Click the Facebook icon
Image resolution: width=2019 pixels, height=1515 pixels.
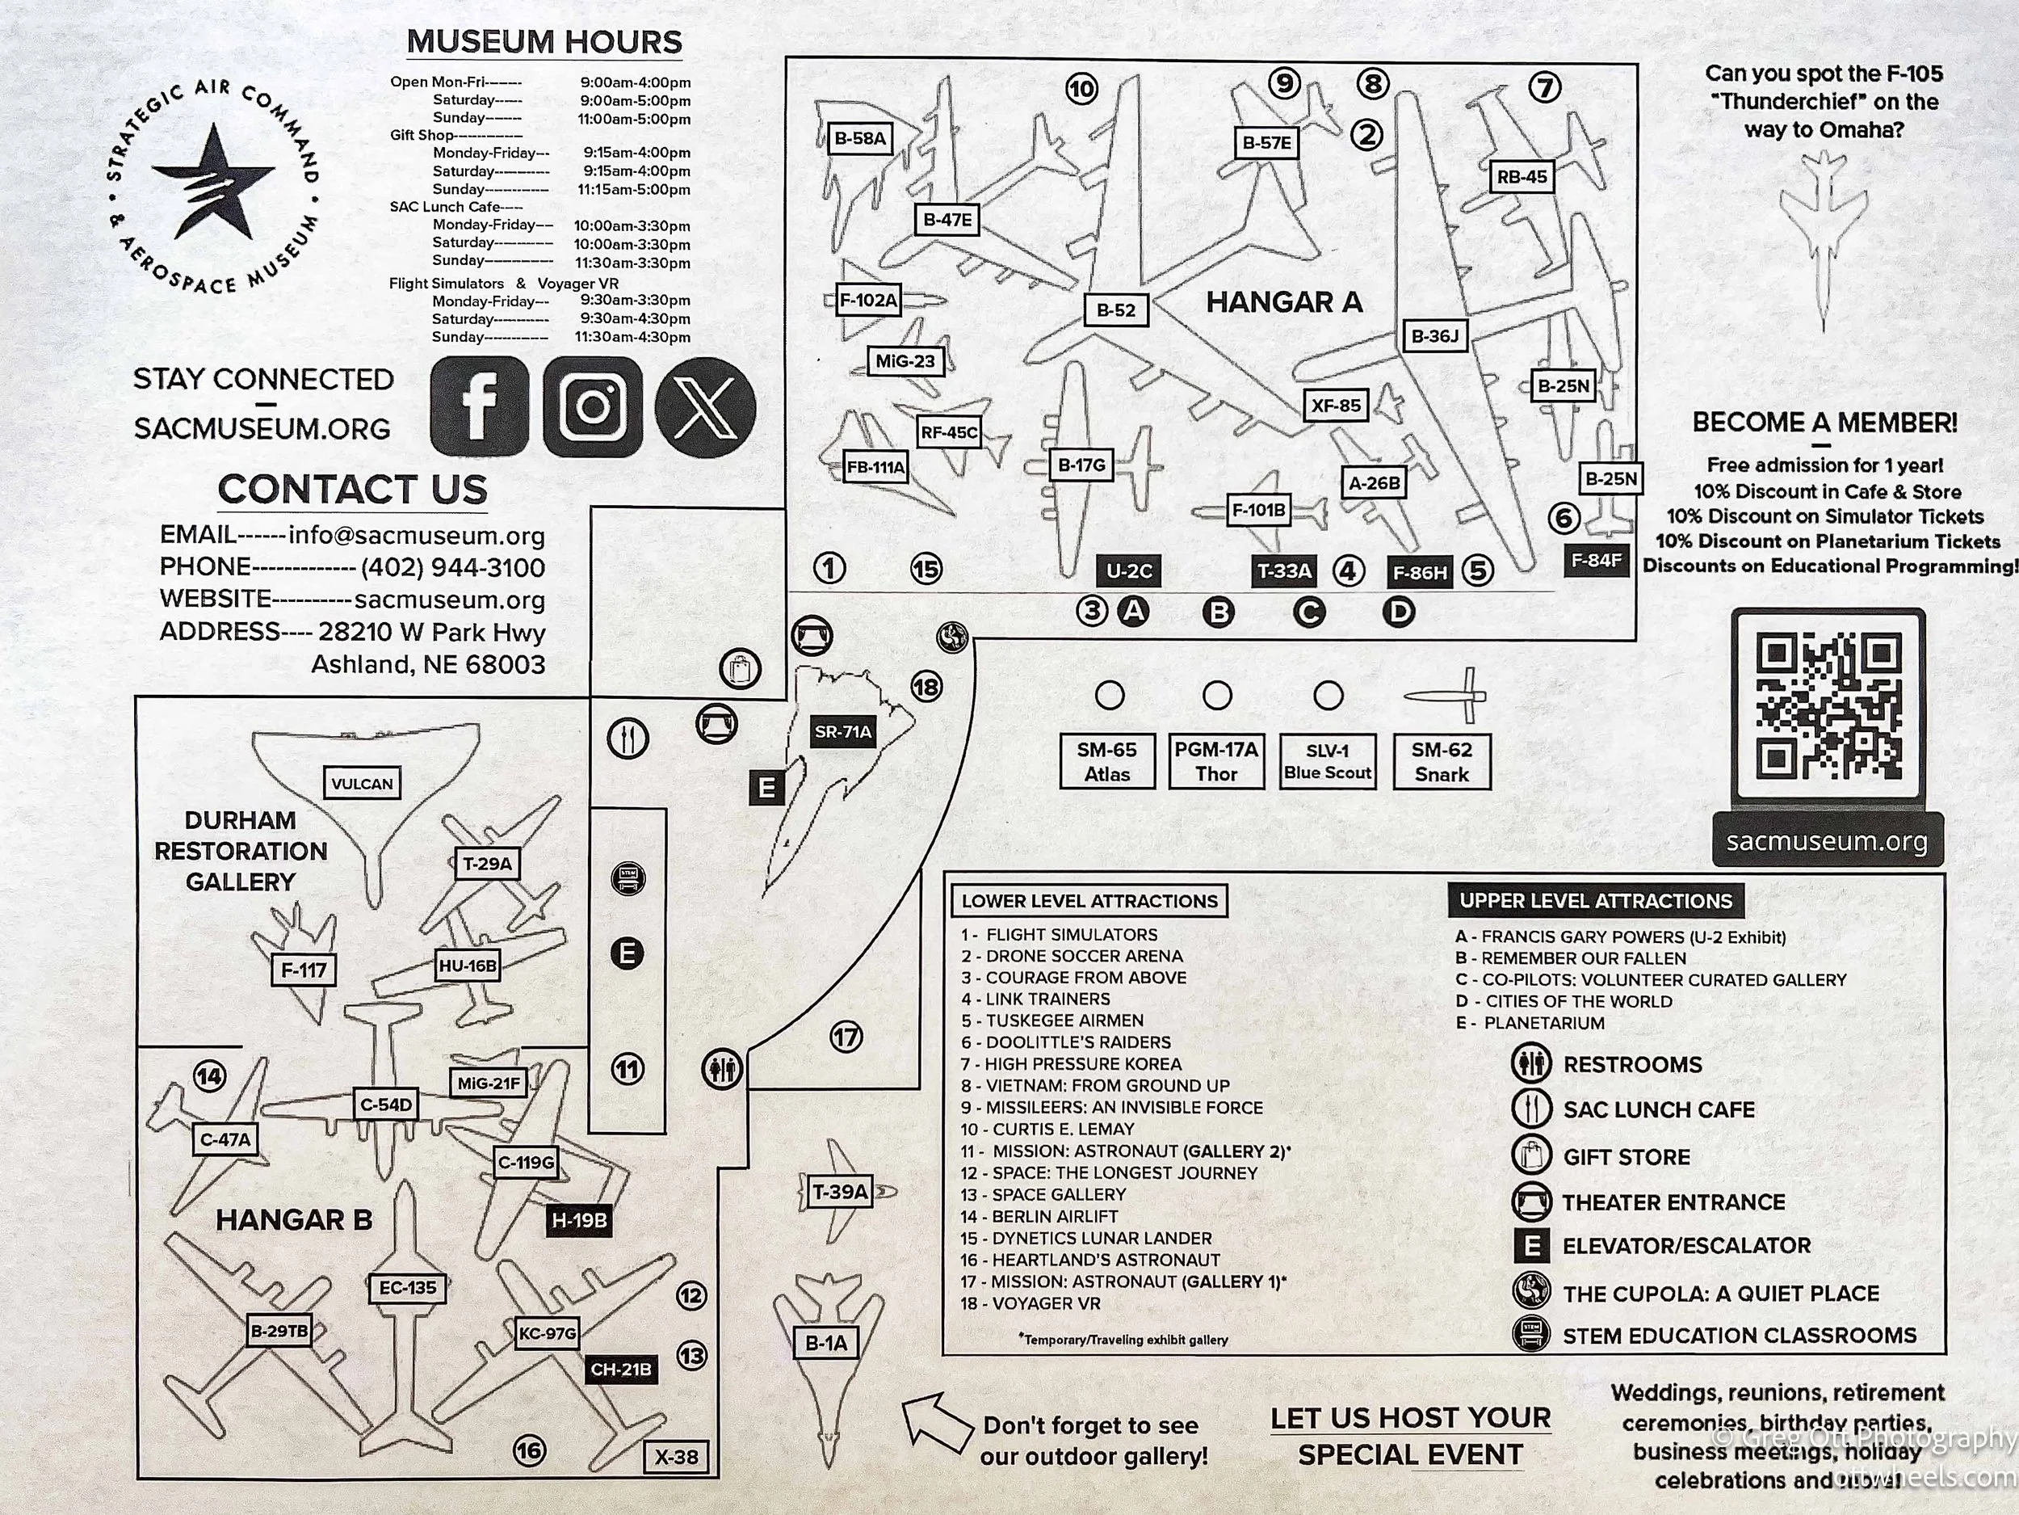coord(479,406)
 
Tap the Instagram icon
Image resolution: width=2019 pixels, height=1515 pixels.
coord(592,406)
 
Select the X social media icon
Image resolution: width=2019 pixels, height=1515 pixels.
coord(706,406)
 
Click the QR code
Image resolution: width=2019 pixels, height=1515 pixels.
coord(1828,706)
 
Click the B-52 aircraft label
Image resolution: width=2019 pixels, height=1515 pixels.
coord(1115,310)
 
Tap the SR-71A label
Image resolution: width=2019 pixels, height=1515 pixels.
coord(842,731)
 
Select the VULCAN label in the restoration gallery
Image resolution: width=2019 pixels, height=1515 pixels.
coord(363,784)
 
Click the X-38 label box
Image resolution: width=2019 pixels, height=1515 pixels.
coord(676,1457)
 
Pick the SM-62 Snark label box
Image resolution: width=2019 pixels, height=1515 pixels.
coord(1442,762)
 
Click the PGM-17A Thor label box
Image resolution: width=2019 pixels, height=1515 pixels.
coord(1217,762)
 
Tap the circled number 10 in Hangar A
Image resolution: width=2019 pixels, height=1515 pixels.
coord(1081,90)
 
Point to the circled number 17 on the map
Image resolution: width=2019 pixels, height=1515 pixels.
coord(846,1037)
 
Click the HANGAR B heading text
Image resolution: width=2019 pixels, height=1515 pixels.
coord(294,1220)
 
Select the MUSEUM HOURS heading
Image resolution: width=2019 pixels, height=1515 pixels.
coord(544,42)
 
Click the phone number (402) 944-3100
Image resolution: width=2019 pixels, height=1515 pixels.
coord(453,567)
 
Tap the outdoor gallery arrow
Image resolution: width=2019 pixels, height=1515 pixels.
coord(938,1423)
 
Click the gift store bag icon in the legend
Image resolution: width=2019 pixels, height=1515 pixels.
coord(1531,1155)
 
